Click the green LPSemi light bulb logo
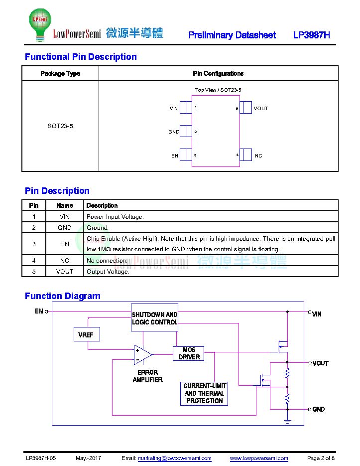tap(40, 24)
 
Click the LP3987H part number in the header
tap(311, 35)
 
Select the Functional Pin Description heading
tap(81, 56)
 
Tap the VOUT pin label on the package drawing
tap(261, 109)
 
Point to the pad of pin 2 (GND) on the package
tap(186, 131)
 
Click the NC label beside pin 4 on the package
tap(258, 155)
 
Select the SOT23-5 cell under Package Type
tap(60, 126)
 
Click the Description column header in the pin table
tap(102, 205)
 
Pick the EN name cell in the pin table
tap(64, 244)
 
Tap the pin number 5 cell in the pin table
tap(34, 271)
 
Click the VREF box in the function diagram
tap(87, 334)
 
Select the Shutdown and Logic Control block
tap(154, 317)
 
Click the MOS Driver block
tap(189, 353)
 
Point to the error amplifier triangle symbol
tap(142, 354)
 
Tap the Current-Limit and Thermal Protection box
tap(204, 394)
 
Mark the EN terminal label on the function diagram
tap(39, 311)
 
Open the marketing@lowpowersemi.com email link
tap(175, 458)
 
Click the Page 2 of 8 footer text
tap(321, 458)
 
